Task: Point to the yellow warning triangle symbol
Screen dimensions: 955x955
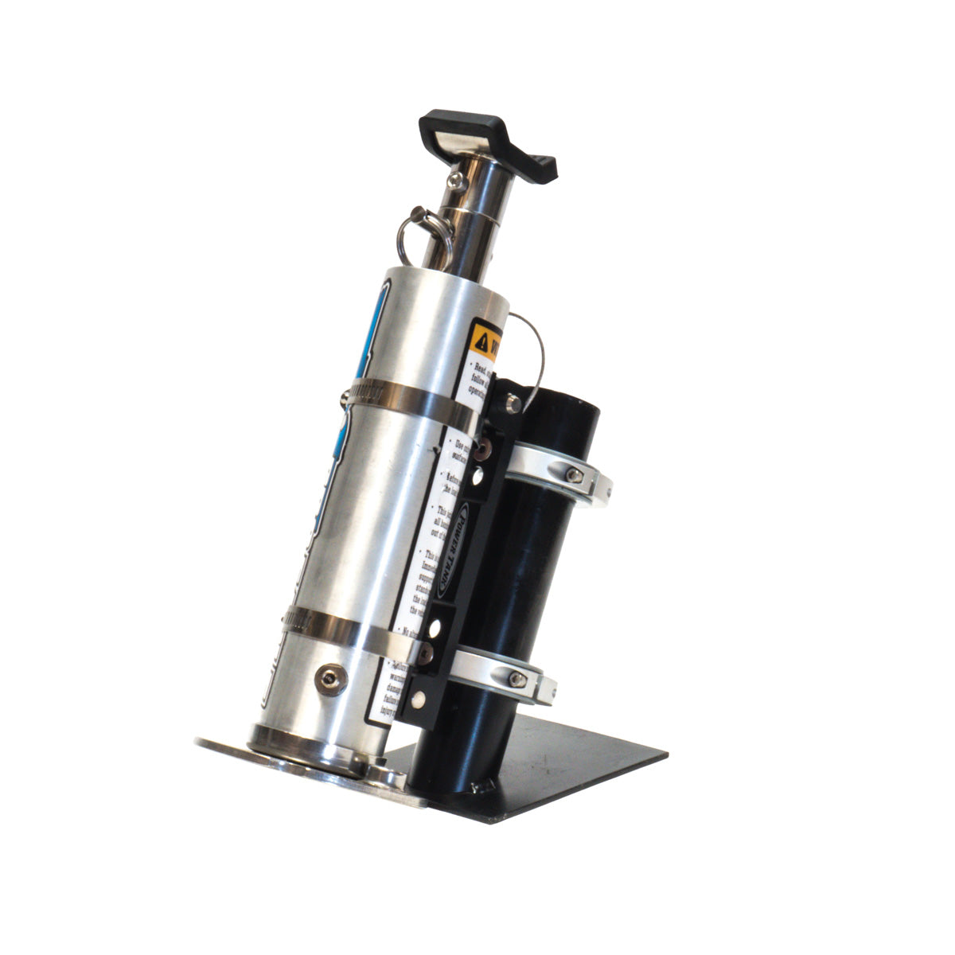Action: pos(482,341)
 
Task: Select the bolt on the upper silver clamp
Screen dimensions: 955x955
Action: pos(572,475)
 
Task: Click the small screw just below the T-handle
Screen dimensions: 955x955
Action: pos(454,177)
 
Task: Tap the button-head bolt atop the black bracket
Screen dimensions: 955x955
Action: pos(513,402)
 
